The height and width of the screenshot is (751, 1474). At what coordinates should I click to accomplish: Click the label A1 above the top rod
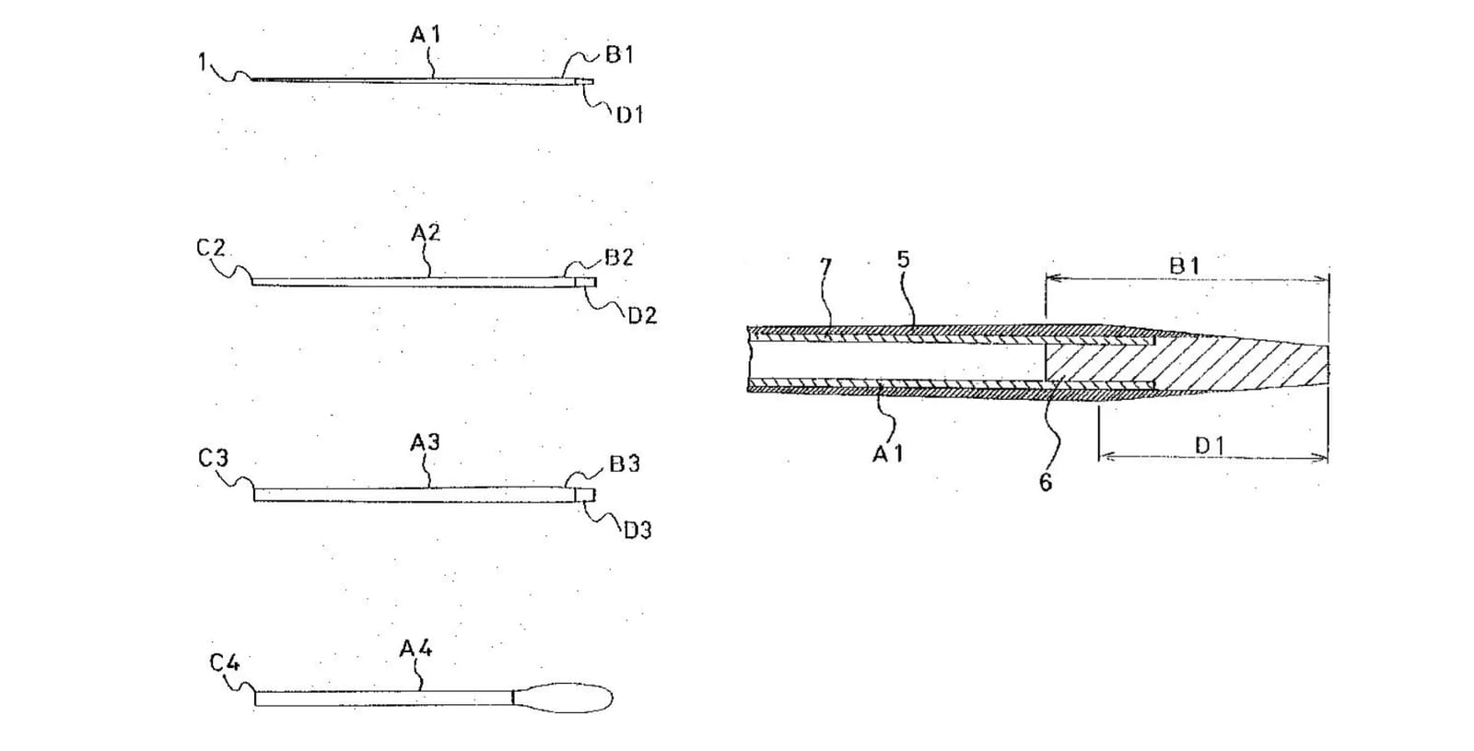pyautogui.click(x=425, y=34)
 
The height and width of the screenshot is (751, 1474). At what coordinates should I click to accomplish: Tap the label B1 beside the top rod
pyautogui.click(x=619, y=54)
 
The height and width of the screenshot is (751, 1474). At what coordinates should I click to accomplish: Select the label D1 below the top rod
pyautogui.click(x=629, y=115)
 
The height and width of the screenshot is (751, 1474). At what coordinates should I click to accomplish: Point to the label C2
pyautogui.click(x=211, y=248)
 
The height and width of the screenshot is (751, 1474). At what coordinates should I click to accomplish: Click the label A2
pyautogui.click(x=426, y=232)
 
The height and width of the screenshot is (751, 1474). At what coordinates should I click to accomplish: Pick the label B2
pyautogui.click(x=618, y=257)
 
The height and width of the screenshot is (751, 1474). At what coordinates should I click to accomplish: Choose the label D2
pyautogui.click(x=642, y=316)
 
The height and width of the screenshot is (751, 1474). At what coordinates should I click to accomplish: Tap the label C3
pyautogui.click(x=213, y=457)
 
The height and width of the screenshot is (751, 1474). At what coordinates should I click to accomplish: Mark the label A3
pyautogui.click(x=425, y=442)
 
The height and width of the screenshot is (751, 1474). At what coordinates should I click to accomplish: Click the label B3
pyautogui.click(x=625, y=464)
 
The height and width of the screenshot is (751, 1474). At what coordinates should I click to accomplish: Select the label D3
pyautogui.click(x=638, y=530)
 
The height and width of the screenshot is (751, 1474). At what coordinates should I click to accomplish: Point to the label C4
pyautogui.click(x=225, y=662)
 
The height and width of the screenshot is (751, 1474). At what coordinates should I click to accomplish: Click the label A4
pyautogui.click(x=415, y=649)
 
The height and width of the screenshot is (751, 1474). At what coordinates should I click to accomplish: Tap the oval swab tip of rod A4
pyautogui.click(x=563, y=698)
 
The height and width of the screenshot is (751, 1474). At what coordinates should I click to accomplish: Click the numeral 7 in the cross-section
pyautogui.click(x=825, y=268)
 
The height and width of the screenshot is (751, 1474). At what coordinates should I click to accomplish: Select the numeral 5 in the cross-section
pyautogui.click(x=904, y=259)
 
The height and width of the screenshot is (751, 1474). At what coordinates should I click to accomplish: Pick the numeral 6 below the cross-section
pyautogui.click(x=1046, y=483)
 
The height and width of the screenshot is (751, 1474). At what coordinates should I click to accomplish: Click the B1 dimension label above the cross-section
pyautogui.click(x=1185, y=266)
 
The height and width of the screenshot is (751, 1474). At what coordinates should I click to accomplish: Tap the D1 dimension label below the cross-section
pyautogui.click(x=1210, y=446)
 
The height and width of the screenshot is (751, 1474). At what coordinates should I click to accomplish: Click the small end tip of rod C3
pyautogui.click(x=585, y=494)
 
